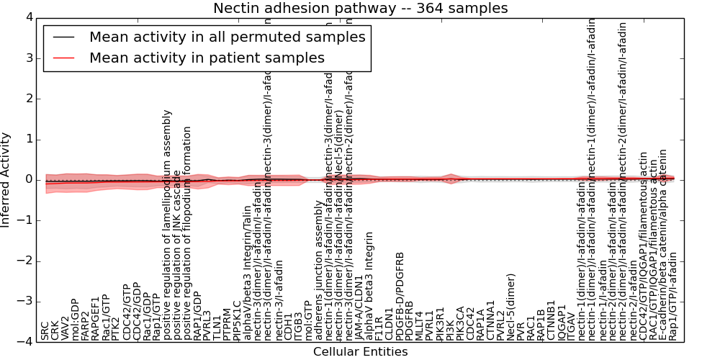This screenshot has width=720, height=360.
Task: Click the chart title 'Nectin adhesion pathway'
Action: [x=360, y=9]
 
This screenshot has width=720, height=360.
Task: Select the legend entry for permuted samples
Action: [x=227, y=37]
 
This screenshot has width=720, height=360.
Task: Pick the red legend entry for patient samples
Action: [x=207, y=58]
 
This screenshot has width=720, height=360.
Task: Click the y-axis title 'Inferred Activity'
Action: [x=6, y=179]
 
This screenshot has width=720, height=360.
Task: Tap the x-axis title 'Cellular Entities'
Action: [x=360, y=351]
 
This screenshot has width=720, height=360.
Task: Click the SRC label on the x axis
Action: [x=45, y=331]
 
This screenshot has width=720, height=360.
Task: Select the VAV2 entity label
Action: [x=66, y=328]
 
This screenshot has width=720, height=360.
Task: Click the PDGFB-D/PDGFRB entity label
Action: [x=400, y=296]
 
